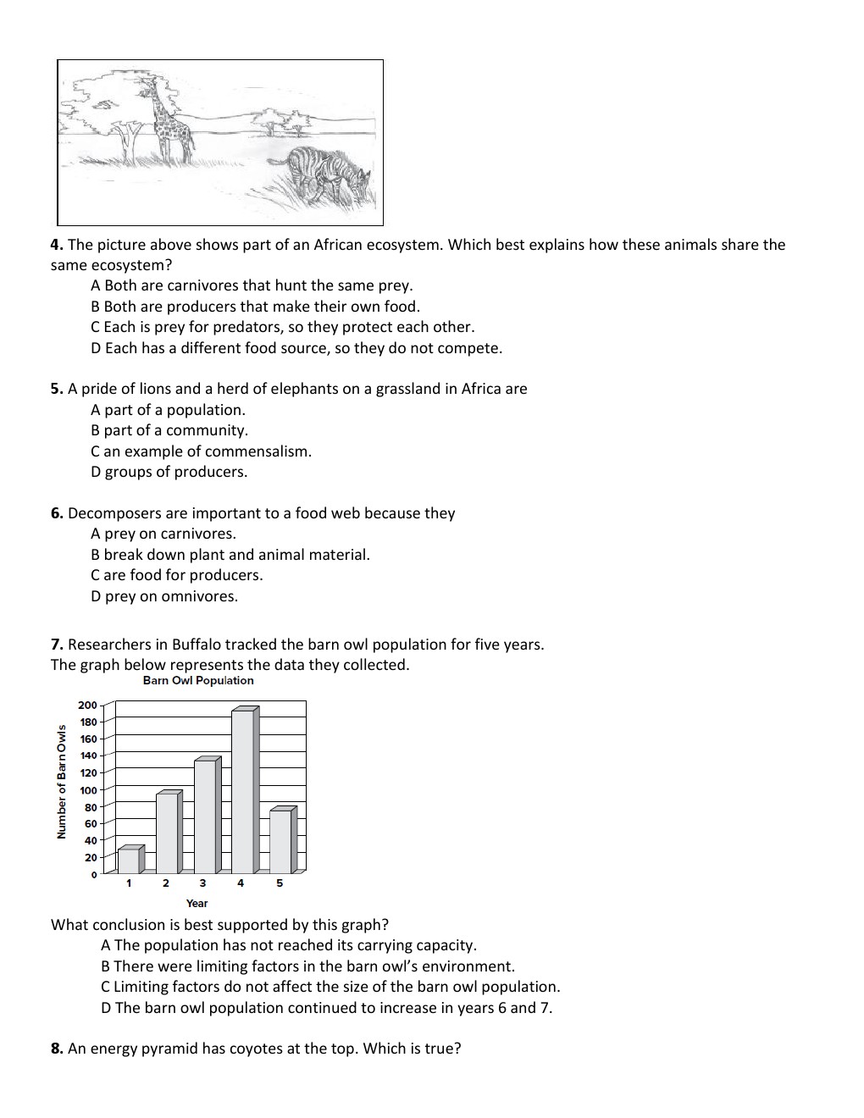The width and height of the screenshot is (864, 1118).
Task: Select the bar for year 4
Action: click(243, 790)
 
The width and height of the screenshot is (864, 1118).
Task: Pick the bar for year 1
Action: click(130, 860)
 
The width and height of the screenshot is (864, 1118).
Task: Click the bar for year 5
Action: click(281, 841)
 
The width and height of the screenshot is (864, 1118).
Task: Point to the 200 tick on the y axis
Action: click(87, 705)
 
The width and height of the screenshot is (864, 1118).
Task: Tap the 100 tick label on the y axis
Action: click(88, 789)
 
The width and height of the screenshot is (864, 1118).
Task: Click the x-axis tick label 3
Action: click(202, 883)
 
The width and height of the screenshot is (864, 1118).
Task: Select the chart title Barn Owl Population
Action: click(198, 680)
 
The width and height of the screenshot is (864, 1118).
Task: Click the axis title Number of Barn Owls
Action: click(61, 780)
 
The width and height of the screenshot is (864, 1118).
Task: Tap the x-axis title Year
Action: click(197, 903)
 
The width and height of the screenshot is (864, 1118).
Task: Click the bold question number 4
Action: click(57, 245)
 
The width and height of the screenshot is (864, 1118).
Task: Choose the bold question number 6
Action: click(57, 513)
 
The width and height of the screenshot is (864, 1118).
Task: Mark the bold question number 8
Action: click(57, 1049)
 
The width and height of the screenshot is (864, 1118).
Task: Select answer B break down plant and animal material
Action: click(230, 555)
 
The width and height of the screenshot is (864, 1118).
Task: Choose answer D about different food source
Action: click(296, 348)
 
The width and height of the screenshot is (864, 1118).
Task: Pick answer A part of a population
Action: click(168, 410)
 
